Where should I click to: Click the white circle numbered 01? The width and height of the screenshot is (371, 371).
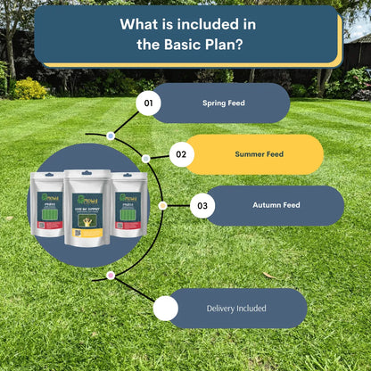tap(149, 104)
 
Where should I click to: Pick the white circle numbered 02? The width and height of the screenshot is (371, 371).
tap(181, 154)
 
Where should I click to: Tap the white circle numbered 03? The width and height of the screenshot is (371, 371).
tap(202, 206)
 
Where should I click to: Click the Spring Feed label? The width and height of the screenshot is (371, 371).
tap(224, 103)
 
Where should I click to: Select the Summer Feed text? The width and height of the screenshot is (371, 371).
tap(259, 154)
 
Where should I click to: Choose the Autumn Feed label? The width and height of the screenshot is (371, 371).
tap(276, 205)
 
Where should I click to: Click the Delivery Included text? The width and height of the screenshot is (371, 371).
tap(235, 309)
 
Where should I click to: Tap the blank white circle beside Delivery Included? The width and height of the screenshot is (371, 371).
tap(165, 309)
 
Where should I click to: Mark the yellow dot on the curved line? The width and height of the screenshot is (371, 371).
tap(162, 205)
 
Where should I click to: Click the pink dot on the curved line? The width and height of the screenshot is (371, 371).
tap(110, 276)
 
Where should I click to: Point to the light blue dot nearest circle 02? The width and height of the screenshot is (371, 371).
tap(145, 159)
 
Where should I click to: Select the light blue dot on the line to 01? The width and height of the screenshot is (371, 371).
tap(110, 136)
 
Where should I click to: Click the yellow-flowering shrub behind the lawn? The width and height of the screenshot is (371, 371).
tap(29, 88)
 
